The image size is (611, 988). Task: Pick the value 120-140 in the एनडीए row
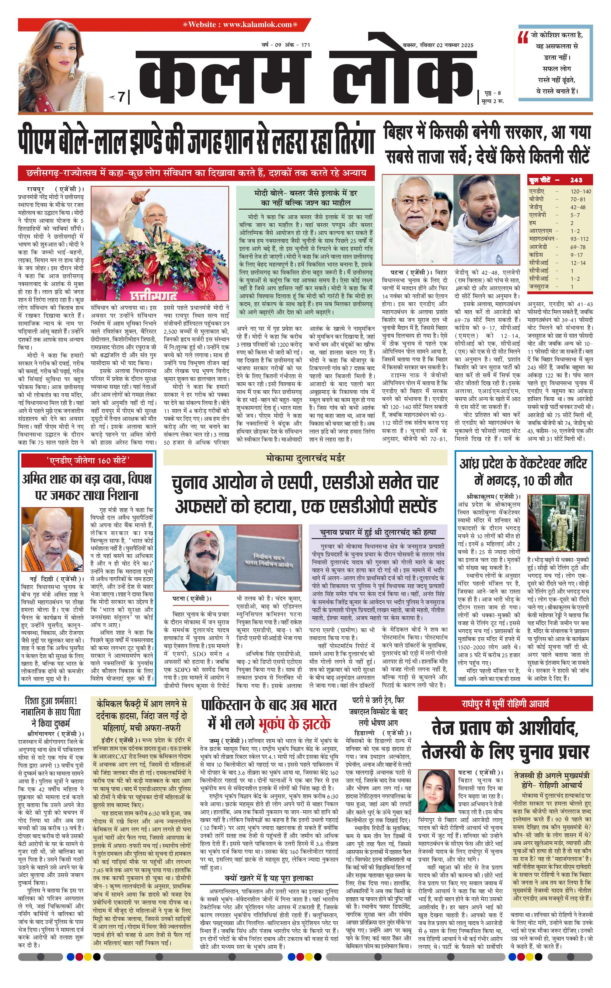coord(580,191)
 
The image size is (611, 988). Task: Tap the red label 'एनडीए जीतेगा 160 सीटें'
coord(87,461)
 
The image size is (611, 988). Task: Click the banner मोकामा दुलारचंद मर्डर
coord(305,458)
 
